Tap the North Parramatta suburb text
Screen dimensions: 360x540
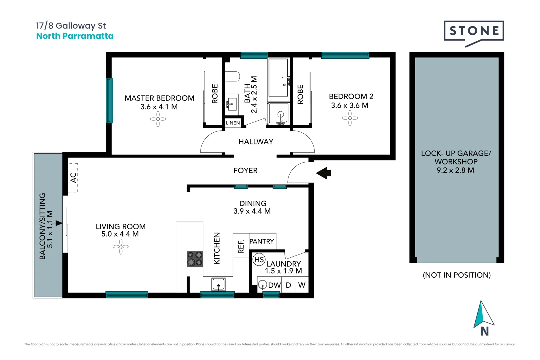75,36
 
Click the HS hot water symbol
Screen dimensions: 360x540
259,260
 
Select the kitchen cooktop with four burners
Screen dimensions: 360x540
195,259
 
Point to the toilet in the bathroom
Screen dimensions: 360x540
232,76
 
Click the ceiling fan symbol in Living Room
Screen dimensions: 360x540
121,247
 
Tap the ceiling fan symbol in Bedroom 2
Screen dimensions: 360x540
350,118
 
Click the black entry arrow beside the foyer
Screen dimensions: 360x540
323,173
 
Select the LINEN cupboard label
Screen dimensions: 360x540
233,123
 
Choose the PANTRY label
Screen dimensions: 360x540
262,241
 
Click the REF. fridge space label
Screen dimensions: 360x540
241,246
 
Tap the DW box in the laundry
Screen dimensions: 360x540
274,285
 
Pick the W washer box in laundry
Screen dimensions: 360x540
302,285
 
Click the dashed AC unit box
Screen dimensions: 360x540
73,178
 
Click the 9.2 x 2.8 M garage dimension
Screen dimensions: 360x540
455,170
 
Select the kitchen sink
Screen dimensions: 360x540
218,285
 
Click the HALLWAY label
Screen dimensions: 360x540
256,142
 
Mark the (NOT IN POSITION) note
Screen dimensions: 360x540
457,275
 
